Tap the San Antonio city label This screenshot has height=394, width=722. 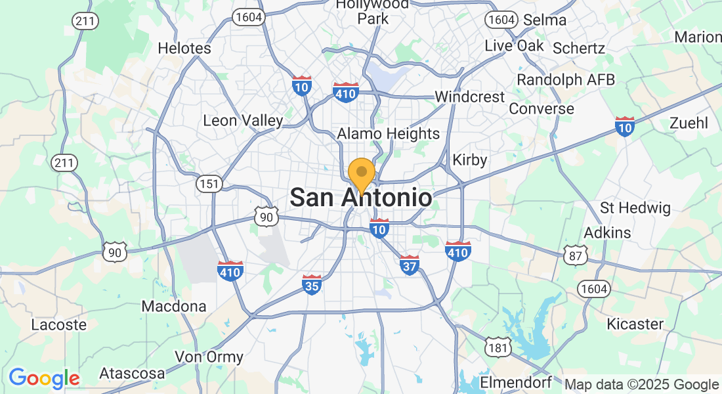pyautogui.click(x=361, y=198)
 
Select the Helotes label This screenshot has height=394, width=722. pyautogui.click(x=184, y=49)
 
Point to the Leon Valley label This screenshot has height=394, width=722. pyautogui.click(x=243, y=121)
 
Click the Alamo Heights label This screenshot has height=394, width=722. pyautogui.click(x=389, y=134)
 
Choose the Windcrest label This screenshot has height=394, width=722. pyautogui.click(x=470, y=97)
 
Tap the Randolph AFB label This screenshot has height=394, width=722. pyautogui.click(x=566, y=80)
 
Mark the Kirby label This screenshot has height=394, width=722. pyautogui.click(x=470, y=160)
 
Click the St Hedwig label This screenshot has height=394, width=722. pyautogui.click(x=635, y=209)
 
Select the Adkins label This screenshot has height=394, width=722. pyautogui.click(x=607, y=232)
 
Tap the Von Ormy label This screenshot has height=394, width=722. pyautogui.click(x=209, y=357)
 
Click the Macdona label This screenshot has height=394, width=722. pyautogui.click(x=174, y=307)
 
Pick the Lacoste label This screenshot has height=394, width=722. pyautogui.click(x=59, y=324)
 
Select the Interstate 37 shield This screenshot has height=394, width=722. pyautogui.click(x=409, y=265)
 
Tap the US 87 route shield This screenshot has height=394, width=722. pyautogui.click(x=576, y=255)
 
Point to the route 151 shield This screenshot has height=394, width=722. pyautogui.click(x=209, y=184)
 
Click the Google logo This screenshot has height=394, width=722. pyautogui.click(x=44, y=378)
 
